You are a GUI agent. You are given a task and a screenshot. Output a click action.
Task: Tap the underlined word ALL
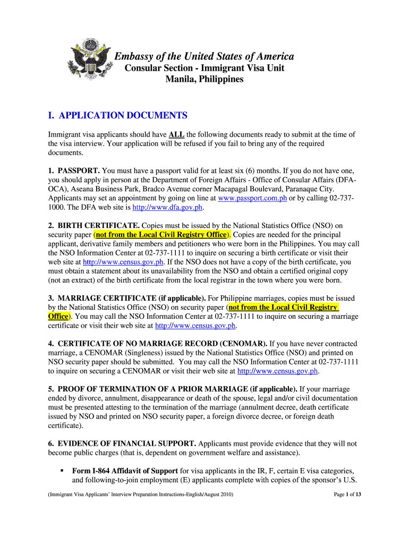177,134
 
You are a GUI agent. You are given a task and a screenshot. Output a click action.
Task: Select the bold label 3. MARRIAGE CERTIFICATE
126,298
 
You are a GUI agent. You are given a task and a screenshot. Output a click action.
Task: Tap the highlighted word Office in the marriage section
58,316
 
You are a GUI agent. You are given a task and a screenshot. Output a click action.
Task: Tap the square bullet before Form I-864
62,471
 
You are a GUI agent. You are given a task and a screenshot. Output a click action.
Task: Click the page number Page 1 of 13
347,494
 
